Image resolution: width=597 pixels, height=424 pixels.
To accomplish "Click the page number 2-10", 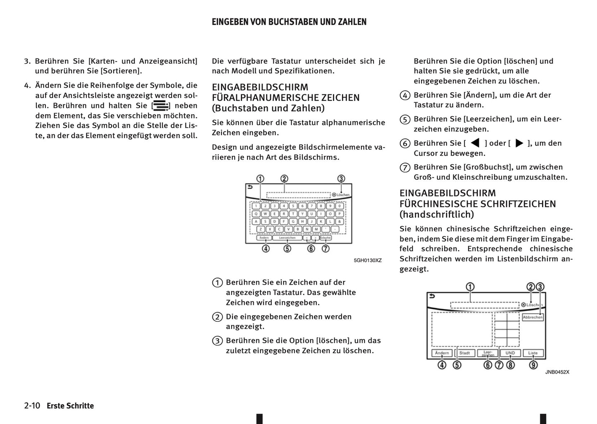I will (x=32, y=406).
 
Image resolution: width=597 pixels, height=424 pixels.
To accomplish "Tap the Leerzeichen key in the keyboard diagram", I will (x=287, y=238).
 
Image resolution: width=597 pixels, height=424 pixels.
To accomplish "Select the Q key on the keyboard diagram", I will (x=256, y=214).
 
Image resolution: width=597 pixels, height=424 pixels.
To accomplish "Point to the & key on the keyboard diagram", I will (x=340, y=221).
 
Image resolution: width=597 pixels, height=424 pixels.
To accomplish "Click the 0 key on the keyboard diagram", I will (x=340, y=206).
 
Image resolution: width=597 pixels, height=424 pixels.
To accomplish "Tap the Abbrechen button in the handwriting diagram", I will (x=533, y=317).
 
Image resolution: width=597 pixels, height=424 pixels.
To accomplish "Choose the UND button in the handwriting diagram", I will (x=510, y=353).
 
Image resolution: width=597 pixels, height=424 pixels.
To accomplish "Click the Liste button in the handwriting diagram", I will (x=533, y=353).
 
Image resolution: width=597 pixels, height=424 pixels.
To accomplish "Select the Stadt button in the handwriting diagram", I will (x=465, y=353).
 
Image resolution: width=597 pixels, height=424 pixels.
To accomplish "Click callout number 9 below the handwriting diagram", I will (x=533, y=365).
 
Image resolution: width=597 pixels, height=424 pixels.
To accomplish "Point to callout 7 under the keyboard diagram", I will (x=326, y=249).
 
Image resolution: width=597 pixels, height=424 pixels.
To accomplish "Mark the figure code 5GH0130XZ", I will (x=368, y=261).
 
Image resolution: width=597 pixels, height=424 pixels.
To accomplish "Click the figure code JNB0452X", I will (x=557, y=372).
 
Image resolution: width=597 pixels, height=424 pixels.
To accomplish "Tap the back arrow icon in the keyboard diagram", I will (x=250, y=187).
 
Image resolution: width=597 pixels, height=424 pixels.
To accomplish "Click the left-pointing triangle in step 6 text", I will (x=475, y=143).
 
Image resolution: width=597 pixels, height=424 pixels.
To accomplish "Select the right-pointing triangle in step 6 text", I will (x=519, y=143).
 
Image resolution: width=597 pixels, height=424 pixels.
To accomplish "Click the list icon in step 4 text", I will (x=160, y=105).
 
